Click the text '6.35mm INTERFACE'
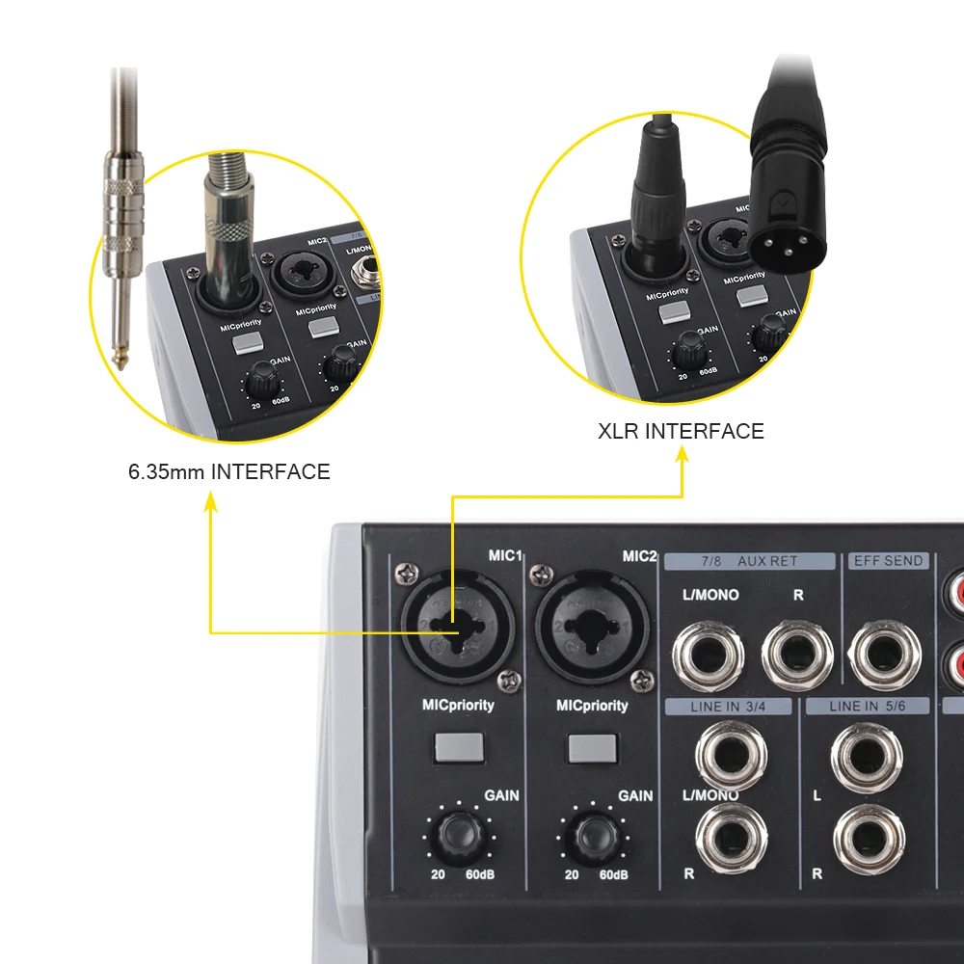[x=228, y=472]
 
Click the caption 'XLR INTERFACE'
[x=681, y=431]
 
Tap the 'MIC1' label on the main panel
[x=505, y=556]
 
